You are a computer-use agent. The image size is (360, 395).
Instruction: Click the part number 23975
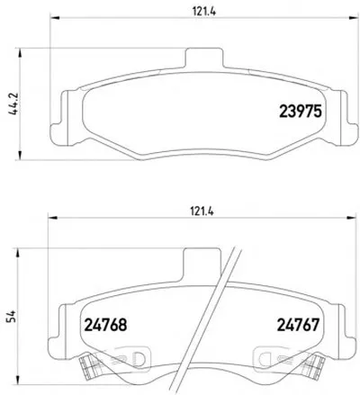coord(301,112)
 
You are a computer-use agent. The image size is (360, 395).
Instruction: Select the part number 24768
coord(105,325)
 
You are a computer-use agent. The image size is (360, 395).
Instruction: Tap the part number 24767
coord(298,325)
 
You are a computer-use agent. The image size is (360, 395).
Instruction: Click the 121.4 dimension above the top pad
coord(204,12)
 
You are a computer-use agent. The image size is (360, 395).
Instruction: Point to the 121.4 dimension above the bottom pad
coord(202,211)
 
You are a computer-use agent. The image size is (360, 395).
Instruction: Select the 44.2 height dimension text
coord(13,103)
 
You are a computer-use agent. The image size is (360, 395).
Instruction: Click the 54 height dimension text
coord(12,317)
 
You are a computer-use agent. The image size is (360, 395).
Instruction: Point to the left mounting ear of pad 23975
coord(59,119)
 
